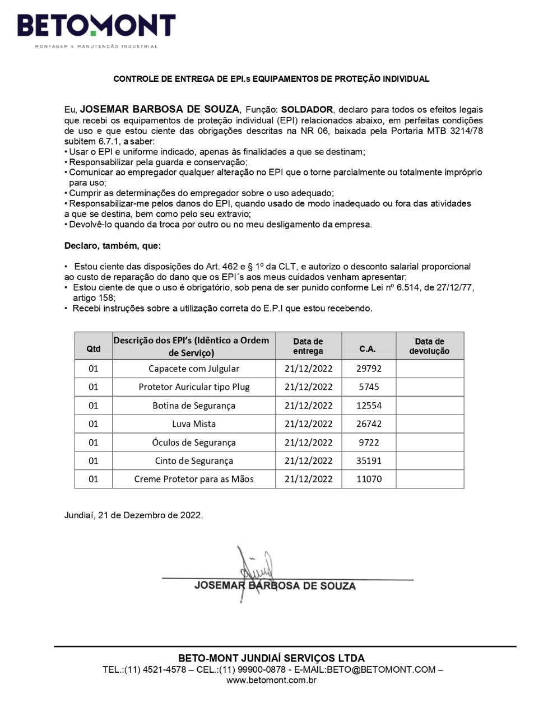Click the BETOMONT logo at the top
click(96, 27)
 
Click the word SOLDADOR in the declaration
click(307, 110)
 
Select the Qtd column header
click(94, 348)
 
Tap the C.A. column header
click(368, 348)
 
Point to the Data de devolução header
click(429, 346)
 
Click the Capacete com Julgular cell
click(194, 369)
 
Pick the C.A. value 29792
click(369, 369)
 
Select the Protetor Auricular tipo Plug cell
click(194, 387)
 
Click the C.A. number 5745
click(369, 387)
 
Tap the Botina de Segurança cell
click(194, 406)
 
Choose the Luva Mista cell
click(194, 424)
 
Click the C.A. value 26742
click(369, 424)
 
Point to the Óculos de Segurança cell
click(194, 443)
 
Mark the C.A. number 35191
click(369, 461)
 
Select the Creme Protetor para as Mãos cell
click(194, 479)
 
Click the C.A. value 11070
click(369, 479)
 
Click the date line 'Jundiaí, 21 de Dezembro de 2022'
click(133, 515)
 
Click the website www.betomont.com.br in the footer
click(271, 680)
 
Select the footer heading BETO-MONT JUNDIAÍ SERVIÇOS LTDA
click(271, 658)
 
